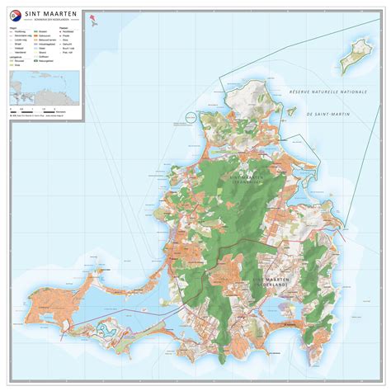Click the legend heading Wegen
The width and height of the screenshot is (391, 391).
click(x=13, y=31)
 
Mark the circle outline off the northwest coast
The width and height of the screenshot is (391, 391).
click(x=192, y=121)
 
